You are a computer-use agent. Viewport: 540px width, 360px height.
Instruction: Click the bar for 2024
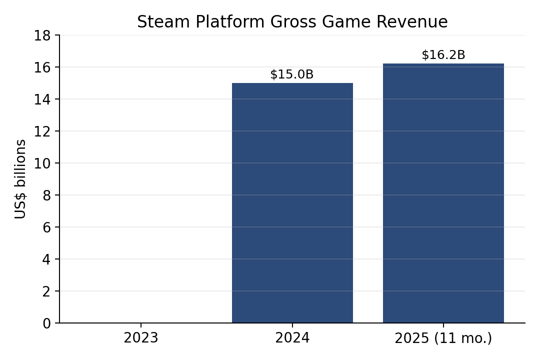[x=292, y=203]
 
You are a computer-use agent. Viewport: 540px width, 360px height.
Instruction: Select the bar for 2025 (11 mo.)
[x=443, y=193]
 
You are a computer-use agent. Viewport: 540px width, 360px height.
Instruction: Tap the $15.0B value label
[x=292, y=74]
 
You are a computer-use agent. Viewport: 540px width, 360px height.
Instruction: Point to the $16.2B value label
[x=443, y=55]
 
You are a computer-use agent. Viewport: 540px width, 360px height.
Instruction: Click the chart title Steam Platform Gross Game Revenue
[x=292, y=21]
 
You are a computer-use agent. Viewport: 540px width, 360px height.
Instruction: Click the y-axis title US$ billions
[x=20, y=179]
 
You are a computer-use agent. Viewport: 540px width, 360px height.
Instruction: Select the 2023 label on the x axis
[x=141, y=338]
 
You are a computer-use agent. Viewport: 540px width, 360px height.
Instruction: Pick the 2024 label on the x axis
[x=292, y=338]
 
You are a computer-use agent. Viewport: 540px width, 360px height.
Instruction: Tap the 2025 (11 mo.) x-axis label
[x=443, y=338]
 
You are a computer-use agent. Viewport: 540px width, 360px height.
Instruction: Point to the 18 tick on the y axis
[x=42, y=35]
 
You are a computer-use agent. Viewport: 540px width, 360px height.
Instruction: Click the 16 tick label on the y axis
[x=42, y=67]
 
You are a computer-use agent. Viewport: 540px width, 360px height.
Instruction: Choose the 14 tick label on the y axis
[x=42, y=99]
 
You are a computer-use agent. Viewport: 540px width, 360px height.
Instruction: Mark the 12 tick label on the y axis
[x=42, y=131]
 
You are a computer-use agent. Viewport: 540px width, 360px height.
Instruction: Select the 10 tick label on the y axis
[x=42, y=163]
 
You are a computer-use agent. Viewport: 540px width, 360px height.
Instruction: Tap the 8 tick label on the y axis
[x=46, y=195]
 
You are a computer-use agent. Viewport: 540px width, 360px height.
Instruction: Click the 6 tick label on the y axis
[x=46, y=227]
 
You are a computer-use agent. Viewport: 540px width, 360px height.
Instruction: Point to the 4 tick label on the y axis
[x=46, y=259]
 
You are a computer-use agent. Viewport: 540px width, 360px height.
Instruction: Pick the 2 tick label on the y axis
[x=46, y=291]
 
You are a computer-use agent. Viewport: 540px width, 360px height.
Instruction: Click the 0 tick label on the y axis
[x=46, y=323]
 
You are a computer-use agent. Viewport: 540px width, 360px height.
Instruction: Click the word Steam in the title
[x=163, y=21]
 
